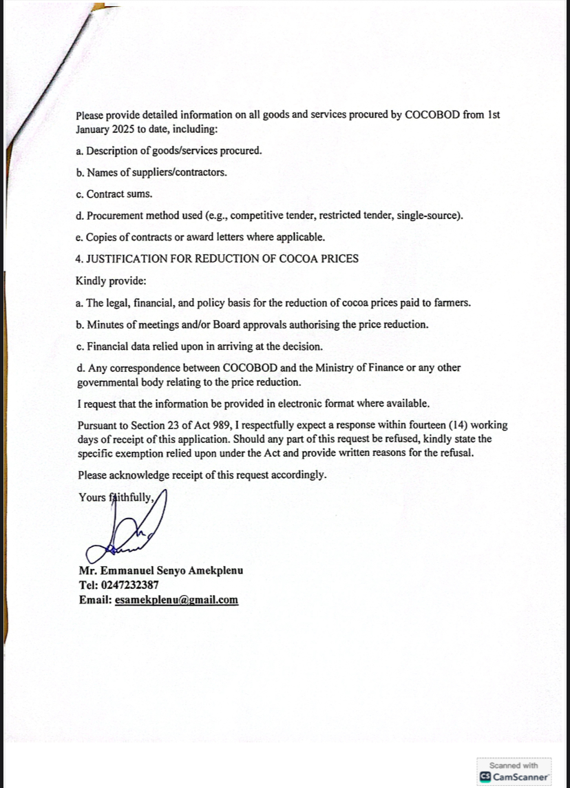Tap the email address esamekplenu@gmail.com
coord(176,600)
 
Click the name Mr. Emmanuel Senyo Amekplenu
coord(160,571)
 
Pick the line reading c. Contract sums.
coord(114,194)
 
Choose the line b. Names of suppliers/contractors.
coord(151,172)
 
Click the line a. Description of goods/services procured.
coord(169,151)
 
